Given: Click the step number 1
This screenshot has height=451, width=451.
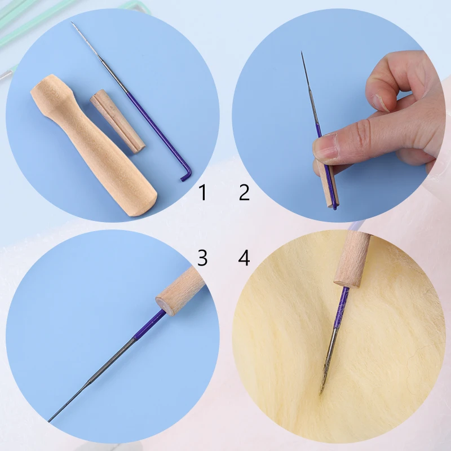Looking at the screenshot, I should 203,193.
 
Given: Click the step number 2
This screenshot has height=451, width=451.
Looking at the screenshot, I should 244,193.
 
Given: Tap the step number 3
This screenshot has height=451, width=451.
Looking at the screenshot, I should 203,258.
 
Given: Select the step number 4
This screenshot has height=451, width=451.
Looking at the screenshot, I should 244,258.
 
